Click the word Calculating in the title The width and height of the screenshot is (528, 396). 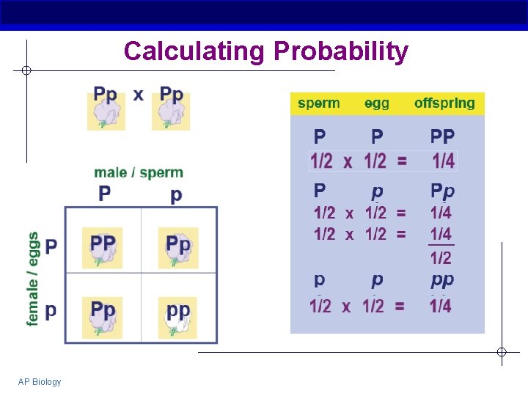[194, 51]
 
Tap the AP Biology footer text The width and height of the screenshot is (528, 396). [40, 381]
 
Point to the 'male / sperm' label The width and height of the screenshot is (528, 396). [139, 172]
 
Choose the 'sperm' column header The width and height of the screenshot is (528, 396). [319, 103]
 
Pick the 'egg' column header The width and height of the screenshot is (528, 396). [377, 103]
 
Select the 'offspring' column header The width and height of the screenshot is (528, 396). [444, 103]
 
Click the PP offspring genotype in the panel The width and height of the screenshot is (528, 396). [442, 136]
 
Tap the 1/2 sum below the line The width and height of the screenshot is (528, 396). [441, 257]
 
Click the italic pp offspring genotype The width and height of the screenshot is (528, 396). [442, 279]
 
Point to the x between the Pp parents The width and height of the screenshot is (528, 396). [139, 95]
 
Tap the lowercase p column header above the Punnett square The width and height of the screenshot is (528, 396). [176, 194]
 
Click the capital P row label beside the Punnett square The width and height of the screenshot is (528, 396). [51, 246]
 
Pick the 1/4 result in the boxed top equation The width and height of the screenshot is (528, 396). [442, 160]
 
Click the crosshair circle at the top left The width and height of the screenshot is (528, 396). [26, 70]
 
